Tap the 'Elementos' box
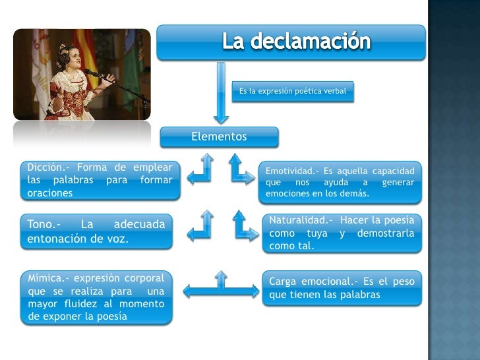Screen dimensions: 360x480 coord(219,137)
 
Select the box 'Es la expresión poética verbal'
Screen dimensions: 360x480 coord(293,90)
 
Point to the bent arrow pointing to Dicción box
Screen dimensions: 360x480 coord(200,169)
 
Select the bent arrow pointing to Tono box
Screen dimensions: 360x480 coord(200,226)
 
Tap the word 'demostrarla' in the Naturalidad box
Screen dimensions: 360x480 coord(386,233)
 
